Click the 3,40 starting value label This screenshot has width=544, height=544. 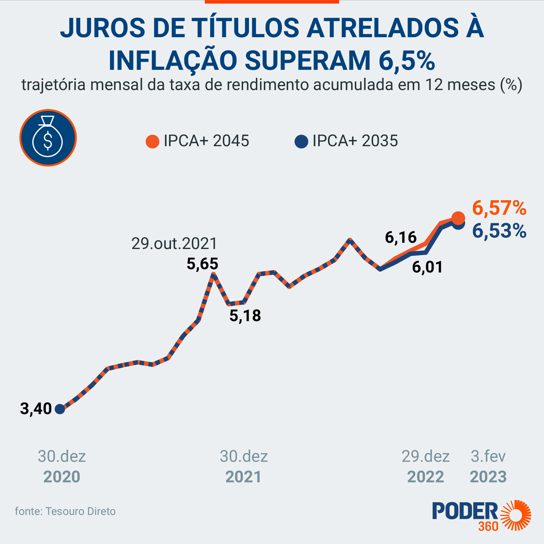pos(36,409)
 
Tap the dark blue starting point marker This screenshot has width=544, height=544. pos(60,409)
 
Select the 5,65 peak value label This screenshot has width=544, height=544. pos(202,264)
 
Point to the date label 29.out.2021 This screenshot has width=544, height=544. pos(174,244)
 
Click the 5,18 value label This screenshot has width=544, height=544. pos(245,316)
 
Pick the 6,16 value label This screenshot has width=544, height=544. pos(401,237)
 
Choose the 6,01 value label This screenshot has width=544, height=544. pos(427,267)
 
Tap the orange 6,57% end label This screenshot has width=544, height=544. pos(499,208)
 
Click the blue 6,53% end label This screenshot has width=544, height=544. pos(499,231)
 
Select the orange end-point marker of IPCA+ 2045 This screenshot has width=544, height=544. pos(458,218)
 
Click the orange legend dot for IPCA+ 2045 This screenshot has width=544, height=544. pos(152,141)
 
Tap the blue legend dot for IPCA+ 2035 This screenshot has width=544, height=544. pos(301,141)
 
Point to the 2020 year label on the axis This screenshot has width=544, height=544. pos(62,477)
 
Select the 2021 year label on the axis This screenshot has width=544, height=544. pos(244,477)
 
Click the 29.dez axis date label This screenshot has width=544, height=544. pos(426,456)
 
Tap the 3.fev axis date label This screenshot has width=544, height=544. pos(488,456)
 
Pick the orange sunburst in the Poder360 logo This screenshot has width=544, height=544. pos(517,515)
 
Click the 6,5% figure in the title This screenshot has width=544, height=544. pos(407,61)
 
